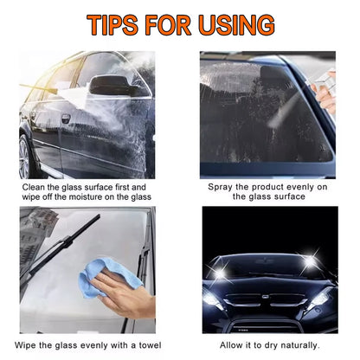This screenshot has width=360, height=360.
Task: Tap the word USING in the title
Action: pos(236,25)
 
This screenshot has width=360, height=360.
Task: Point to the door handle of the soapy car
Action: pos(66,119)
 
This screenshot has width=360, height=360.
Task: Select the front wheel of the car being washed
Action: pos(25,157)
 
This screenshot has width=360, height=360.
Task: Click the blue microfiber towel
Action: pos(110,278)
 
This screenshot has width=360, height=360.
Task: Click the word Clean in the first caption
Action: pos(34,187)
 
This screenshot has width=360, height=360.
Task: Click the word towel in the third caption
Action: pos(150,345)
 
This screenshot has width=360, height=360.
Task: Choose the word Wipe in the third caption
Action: pos(25,345)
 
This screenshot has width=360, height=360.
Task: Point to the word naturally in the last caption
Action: pos(300,345)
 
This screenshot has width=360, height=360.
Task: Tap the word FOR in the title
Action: pos(168,25)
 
